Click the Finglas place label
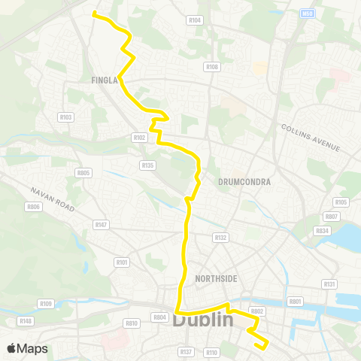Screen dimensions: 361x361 [x=104, y=80]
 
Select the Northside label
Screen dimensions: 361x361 [x=216, y=279]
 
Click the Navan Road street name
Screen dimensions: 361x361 [x=53, y=199]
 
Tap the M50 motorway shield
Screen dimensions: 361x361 [x=307, y=13]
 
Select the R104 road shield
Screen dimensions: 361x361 [x=196, y=20]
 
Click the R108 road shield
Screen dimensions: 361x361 [x=211, y=67]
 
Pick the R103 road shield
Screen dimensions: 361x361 [x=65, y=117]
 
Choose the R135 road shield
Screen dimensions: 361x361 [x=147, y=165]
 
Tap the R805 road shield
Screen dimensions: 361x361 [x=83, y=172]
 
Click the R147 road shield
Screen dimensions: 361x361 [x=101, y=224]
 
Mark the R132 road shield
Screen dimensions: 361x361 [x=220, y=237]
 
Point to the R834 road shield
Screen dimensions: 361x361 [x=322, y=231]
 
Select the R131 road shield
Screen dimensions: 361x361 [x=329, y=284]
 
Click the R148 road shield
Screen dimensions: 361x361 [x=26, y=321]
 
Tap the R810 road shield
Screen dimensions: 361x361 [x=132, y=323]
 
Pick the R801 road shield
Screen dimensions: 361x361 [x=295, y=302]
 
